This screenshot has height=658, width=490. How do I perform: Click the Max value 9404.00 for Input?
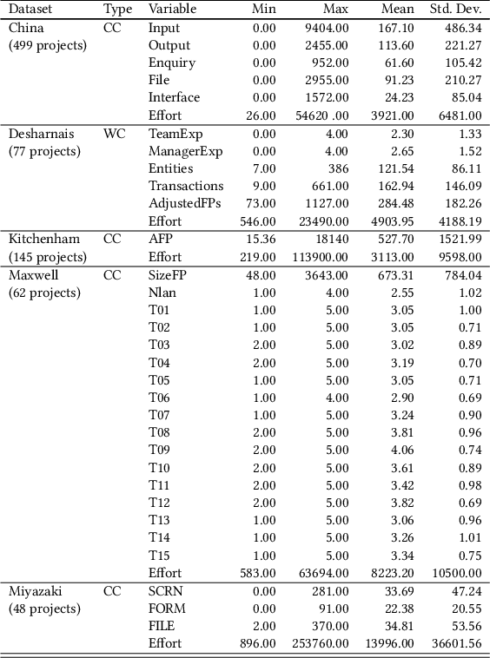(327, 28)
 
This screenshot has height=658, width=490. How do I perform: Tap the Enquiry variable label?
(171, 63)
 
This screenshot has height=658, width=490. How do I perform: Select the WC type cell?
(114, 134)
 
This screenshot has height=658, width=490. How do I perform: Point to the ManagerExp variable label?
(185, 151)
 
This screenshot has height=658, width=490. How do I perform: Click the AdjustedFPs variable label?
(185, 203)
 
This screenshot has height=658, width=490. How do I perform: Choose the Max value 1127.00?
(327, 203)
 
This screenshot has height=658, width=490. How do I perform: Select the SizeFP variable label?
(168, 274)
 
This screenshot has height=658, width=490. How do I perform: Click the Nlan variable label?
(162, 292)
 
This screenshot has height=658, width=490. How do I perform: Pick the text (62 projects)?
(44, 292)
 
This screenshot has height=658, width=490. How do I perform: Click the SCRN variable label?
(166, 591)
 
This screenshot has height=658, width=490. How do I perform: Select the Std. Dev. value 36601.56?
(454, 643)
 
